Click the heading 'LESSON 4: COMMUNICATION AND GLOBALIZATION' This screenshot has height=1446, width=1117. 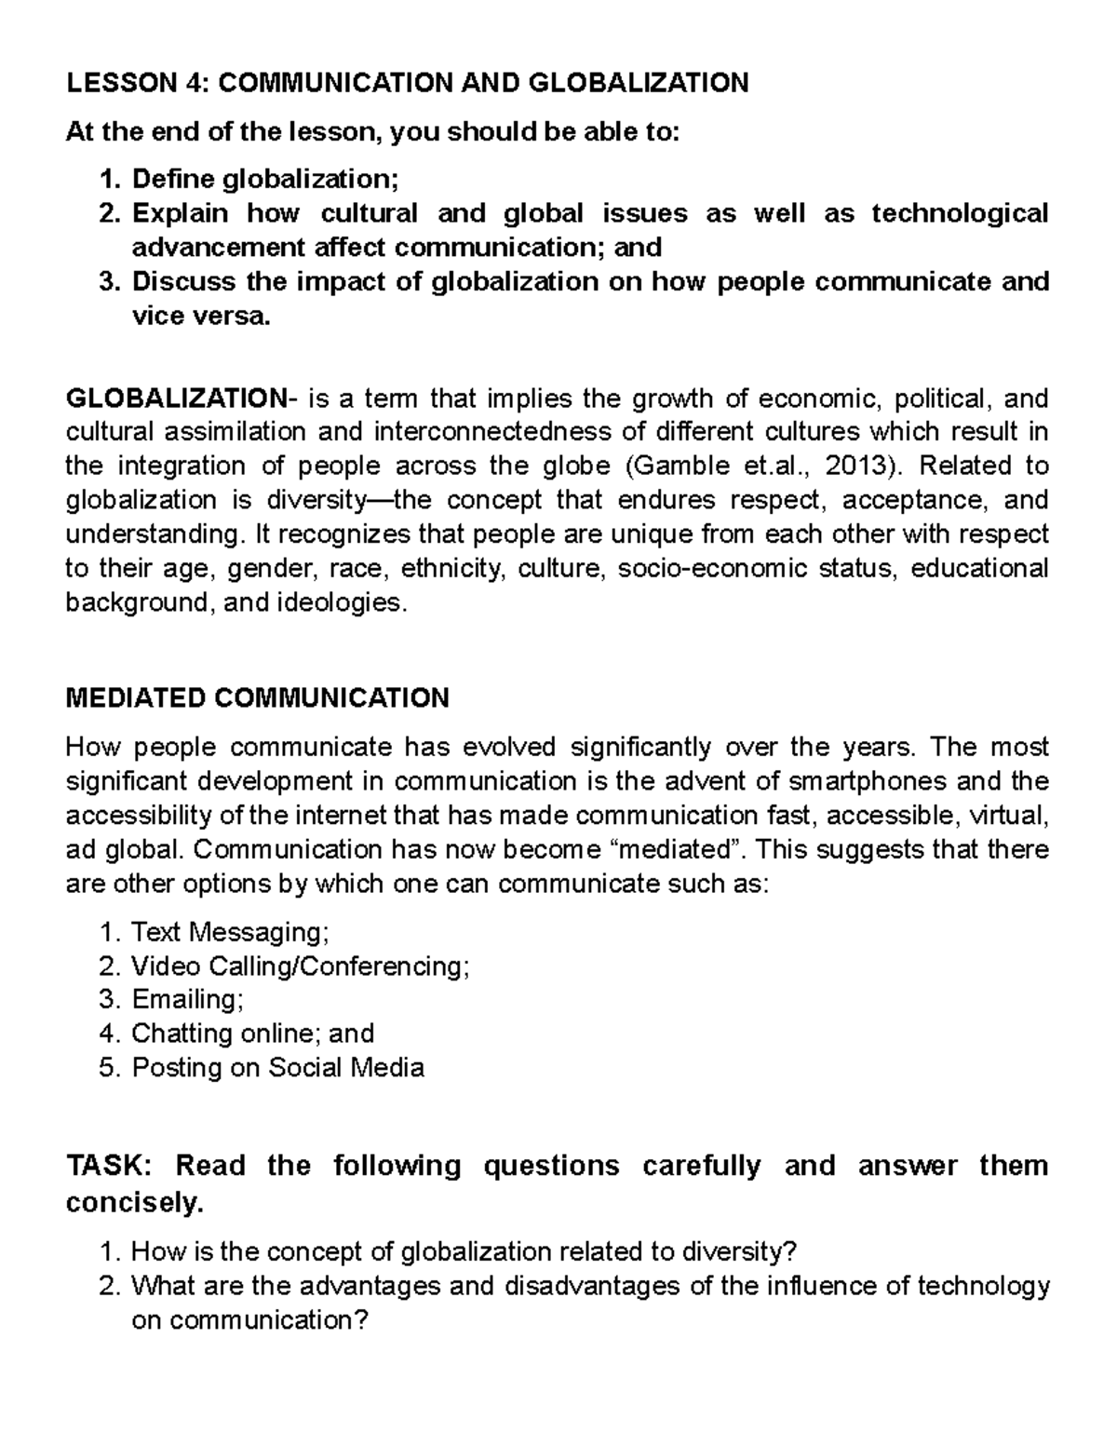[407, 84]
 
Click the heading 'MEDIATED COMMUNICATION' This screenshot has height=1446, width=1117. [257, 698]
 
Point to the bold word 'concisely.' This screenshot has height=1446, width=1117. [134, 1203]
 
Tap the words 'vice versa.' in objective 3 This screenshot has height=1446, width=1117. [203, 317]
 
